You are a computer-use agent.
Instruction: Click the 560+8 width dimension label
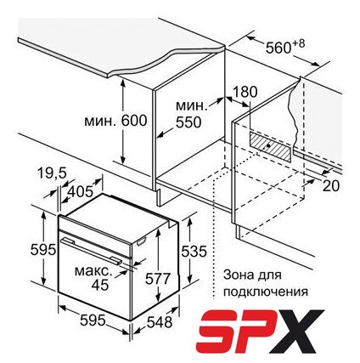[x=285, y=47]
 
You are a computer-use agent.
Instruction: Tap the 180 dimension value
[x=245, y=92]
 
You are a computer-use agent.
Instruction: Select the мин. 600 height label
[x=115, y=121]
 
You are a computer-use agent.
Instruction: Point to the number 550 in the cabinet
[x=188, y=122]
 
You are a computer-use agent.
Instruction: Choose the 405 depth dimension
[x=81, y=191]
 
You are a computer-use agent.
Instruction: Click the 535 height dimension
[x=194, y=251]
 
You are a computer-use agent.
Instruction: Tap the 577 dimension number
[x=157, y=278]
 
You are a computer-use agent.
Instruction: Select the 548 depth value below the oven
[x=160, y=322]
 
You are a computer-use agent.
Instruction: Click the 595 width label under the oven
[x=93, y=320]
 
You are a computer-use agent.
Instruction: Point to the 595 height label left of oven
[x=42, y=250]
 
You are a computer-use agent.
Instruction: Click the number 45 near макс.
[x=100, y=285]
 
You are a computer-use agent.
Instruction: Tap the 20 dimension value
[x=330, y=186]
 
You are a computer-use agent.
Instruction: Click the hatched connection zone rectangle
[x=270, y=146]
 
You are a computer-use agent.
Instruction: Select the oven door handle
[x=91, y=251]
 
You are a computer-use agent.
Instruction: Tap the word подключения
[x=265, y=292]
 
